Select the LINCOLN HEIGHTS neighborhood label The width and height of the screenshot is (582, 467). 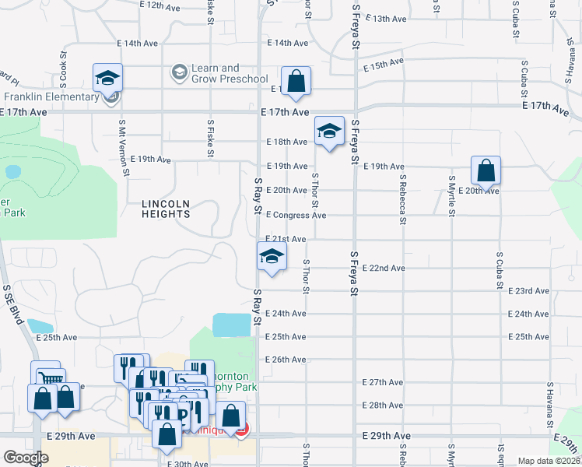pyautogui.click(x=166, y=209)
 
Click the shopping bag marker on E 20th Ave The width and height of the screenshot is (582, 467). pyautogui.click(x=486, y=171)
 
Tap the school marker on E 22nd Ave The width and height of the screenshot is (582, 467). pyautogui.click(x=271, y=257)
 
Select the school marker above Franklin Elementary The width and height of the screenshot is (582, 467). pyautogui.click(x=107, y=78)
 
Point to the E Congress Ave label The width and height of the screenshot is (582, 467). pyautogui.click(x=296, y=215)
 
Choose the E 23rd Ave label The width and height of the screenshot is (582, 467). pyautogui.click(x=528, y=291)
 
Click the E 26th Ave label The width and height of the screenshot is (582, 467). pyautogui.click(x=286, y=360)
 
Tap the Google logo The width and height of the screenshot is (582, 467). pyautogui.click(x=26, y=458)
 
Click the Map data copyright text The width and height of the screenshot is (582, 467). pyautogui.click(x=549, y=461)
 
